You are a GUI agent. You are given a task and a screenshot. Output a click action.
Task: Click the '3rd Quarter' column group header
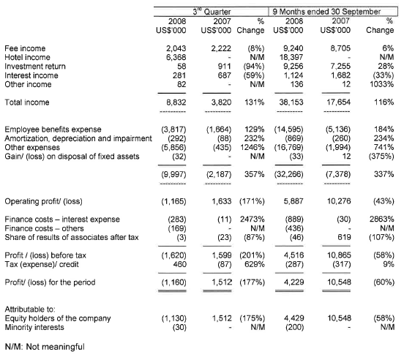click(x=212, y=12)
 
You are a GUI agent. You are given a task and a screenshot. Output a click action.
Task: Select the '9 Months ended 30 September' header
click(x=326, y=12)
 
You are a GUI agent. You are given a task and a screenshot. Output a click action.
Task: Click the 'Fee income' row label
click(x=25, y=48)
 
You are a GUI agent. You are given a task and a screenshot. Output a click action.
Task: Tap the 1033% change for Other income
click(x=381, y=84)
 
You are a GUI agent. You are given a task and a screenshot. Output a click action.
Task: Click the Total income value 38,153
click(x=291, y=102)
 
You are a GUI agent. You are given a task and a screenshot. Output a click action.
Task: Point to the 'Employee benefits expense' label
click(x=53, y=130)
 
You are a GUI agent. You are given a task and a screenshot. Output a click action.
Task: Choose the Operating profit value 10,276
click(x=339, y=201)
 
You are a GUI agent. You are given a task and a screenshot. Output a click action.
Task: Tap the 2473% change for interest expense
click(x=252, y=219)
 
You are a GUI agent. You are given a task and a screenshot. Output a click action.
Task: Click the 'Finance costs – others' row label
click(x=44, y=228)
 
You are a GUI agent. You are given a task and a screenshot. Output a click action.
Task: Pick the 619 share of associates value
click(x=344, y=237)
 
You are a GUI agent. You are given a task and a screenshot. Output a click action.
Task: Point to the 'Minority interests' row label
click(x=34, y=327)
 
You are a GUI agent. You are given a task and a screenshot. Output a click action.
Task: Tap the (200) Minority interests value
click(x=294, y=327)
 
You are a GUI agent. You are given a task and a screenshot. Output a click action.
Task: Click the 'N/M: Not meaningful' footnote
click(x=45, y=347)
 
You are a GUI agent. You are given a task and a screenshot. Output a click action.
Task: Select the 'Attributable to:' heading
click(x=30, y=310)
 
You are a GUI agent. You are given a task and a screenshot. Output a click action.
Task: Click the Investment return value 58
click(x=182, y=66)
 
